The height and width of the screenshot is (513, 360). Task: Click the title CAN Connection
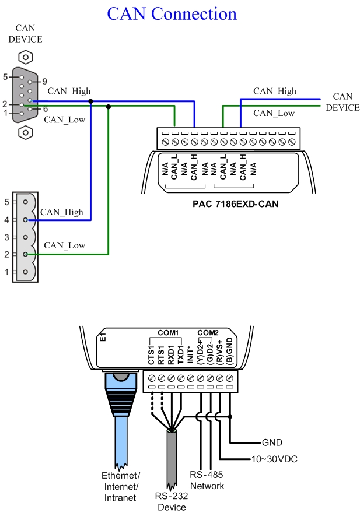(172, 14)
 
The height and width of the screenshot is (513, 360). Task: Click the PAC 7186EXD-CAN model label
(235, 204)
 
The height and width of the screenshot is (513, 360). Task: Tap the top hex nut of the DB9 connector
(25, 58)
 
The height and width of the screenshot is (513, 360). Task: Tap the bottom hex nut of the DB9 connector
(25, 132)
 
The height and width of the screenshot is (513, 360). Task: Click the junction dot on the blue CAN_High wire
(90, 101)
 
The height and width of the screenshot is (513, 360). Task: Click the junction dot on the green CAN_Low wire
(109, 106)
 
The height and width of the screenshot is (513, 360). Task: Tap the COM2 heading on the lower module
(208, 333)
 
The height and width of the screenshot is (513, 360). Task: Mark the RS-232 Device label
(171, 501)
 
